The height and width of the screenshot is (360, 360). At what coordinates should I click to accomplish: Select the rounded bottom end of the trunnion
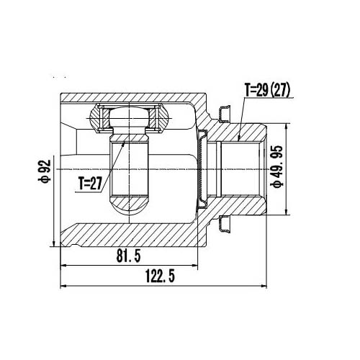click(130, 204)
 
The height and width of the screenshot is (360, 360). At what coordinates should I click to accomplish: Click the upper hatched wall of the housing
click(130, 98)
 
